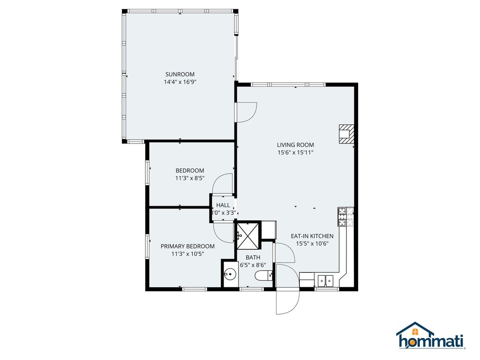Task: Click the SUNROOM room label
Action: point(180,74)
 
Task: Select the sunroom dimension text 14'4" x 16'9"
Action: point(180,82)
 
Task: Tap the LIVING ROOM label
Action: point(295,145)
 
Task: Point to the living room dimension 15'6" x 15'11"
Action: point(295,152)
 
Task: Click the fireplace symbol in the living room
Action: point(346,133)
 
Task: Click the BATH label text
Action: point(253,257)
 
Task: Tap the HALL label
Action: point(223,205)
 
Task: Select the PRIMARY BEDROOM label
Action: point(187,246)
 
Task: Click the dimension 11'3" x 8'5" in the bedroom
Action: point(190,178)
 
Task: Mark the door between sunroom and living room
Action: point(246,112)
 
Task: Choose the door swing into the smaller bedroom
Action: point(223,184)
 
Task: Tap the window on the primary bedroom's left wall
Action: point(147,246)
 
